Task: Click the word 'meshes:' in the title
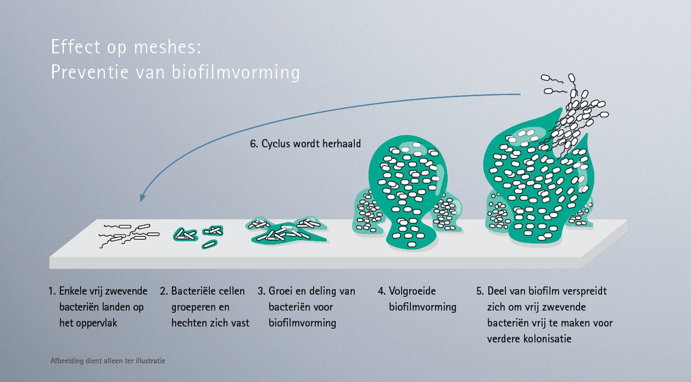click(168, 47)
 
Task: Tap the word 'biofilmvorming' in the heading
click(236, 73)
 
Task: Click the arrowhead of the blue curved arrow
click(142, 197)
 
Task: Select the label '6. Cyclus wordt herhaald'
click(305, 143)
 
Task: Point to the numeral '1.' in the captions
click(52, 291)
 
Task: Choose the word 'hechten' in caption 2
click(190, 323)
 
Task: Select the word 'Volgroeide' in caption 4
click(412, 291)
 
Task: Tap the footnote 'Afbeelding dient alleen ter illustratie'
click(108, 361)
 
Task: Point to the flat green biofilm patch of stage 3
click(286, 232)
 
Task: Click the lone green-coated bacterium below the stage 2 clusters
click(209, 245)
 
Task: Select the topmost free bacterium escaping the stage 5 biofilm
click(572, 77)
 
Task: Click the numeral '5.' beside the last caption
click(480, 291)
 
